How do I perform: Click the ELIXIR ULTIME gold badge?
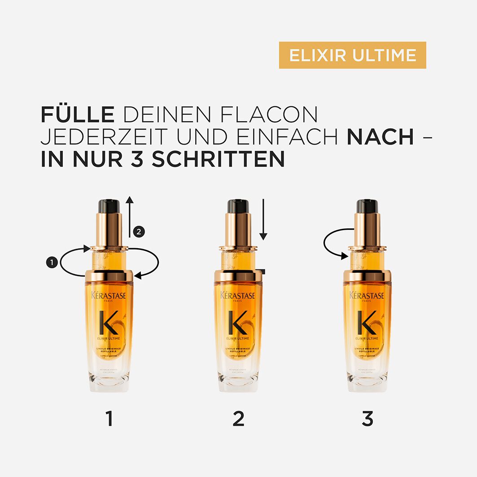click(x=352, y=55)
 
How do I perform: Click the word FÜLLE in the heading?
click(x=77, y=115)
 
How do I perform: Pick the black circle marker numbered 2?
click(x=139, y=232)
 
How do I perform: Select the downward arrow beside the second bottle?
click(x=263, y=220)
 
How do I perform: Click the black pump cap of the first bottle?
click(x=109, y=206)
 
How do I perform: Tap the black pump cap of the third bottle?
click(x=367, y=206)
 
